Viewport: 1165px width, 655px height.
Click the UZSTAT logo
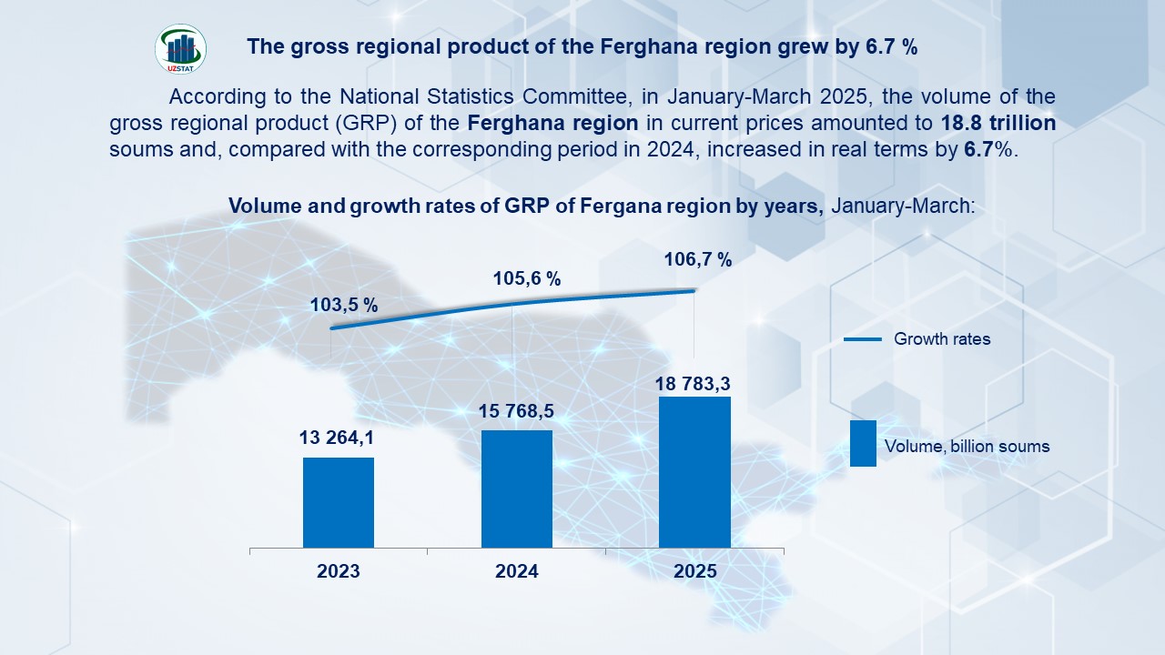[181, 49]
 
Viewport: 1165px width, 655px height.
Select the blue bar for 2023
[339, 502]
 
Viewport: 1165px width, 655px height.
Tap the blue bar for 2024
[517, 489]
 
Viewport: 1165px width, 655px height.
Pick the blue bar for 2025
[694, 472]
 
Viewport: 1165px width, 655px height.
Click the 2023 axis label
[339, 572]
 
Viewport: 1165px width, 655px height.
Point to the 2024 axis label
[517, 572]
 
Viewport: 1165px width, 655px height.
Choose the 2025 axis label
[695, 572]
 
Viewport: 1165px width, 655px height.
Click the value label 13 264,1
[337, 438]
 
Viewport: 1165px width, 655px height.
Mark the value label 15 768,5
[516, 412]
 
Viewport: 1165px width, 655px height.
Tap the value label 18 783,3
[693, 385]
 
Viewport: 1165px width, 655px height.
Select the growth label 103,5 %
[344, 306]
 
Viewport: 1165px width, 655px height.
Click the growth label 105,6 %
[527, 279]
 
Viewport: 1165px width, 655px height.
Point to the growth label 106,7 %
[698, 260]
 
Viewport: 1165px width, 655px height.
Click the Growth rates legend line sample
[863, 339]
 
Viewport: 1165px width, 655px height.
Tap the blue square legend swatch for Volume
[863, 443]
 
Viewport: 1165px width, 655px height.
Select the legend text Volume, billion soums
[967, 447]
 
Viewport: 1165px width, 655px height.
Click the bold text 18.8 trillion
[998, 123]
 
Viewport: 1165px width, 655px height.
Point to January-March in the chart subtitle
[902, 207]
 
